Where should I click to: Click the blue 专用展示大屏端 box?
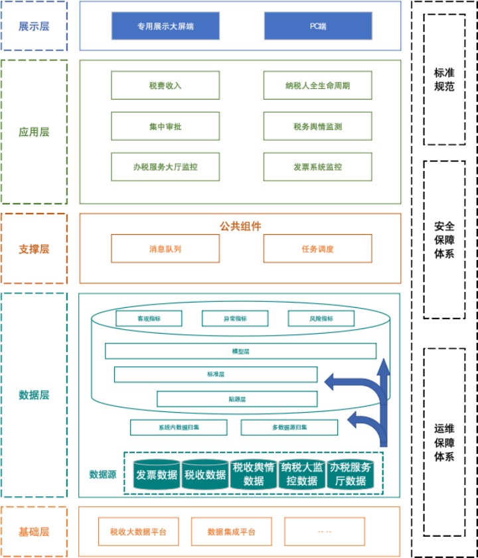[165, 26]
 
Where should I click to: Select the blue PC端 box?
[318, 26]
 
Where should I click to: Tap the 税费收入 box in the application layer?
[165, 86]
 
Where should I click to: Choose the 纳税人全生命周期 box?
[318, 86]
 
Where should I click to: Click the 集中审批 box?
[165, 126]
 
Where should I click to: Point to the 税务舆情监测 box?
[318, 126]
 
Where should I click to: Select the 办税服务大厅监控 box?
[165, 167]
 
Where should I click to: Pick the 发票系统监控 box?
[318, 167]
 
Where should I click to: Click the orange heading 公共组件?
[240, 226]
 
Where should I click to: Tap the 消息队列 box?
[165, 249]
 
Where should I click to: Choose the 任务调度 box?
[318, 249]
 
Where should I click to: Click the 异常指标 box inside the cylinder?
[235, 318]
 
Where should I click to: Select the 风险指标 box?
[321, 318]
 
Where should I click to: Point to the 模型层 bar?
[240, 351]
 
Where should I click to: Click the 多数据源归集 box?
[289, 427]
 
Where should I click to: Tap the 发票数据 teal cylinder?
[157, 475]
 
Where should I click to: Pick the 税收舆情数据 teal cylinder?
[254, 474]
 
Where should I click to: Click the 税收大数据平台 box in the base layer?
[138, 531]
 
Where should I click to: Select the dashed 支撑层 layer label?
[34, 249]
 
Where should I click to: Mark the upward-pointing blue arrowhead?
[383, 368]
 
